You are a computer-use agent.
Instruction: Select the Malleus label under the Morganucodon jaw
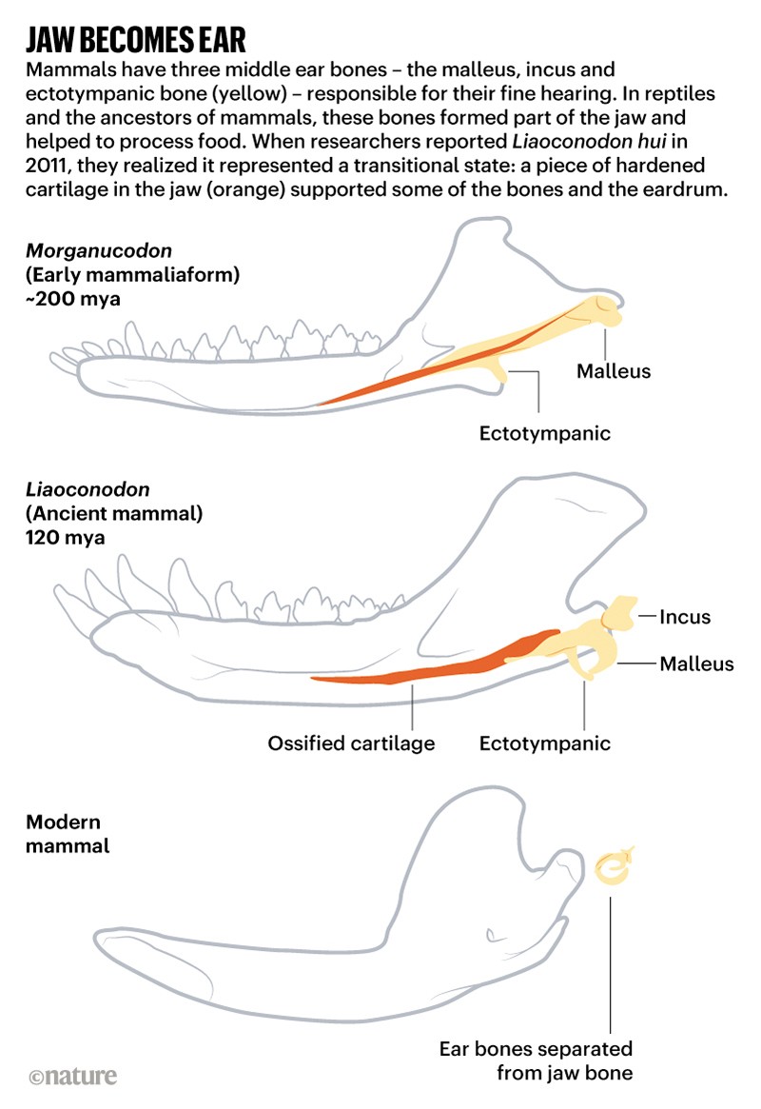614,371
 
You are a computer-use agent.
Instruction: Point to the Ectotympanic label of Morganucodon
545,434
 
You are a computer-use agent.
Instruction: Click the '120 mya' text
66,538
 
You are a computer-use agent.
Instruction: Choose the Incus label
685,617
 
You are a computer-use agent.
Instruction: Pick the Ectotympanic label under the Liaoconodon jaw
545,743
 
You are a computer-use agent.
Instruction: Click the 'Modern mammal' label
67,833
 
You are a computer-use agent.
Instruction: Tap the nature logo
73,1077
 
